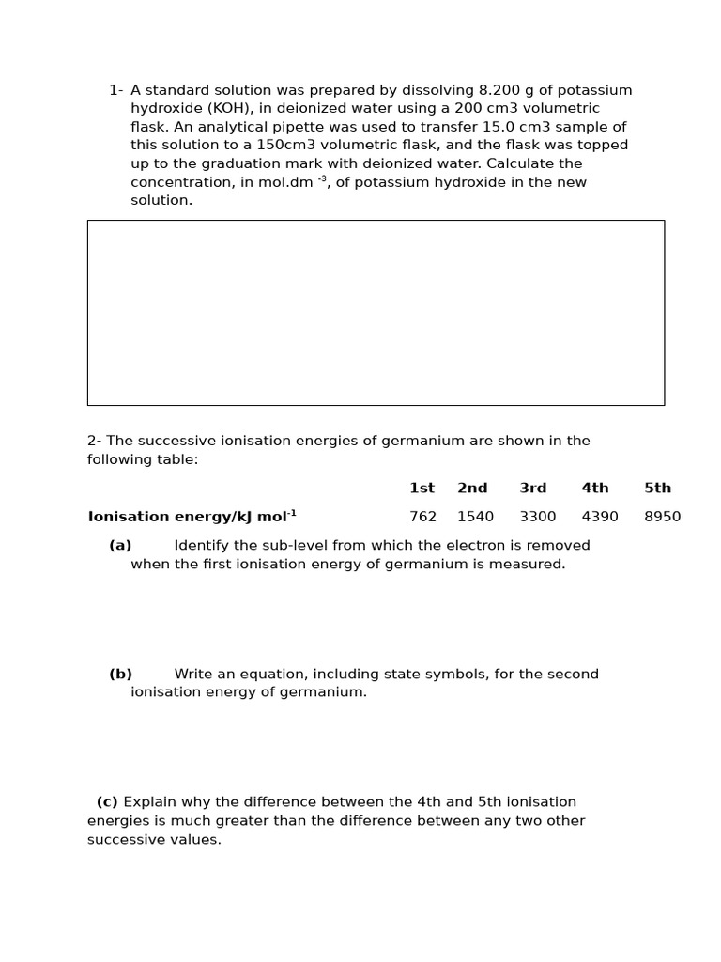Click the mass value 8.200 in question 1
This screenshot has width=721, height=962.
499,90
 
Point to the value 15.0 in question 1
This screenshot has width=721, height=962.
499,127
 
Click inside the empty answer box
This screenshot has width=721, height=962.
376,313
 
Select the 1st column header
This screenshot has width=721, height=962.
422,489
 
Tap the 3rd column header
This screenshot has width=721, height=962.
533,489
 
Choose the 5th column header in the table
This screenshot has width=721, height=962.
657,489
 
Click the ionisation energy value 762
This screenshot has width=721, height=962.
422,517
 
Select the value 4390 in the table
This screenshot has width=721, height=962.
600,517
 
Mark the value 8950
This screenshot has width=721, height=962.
662,517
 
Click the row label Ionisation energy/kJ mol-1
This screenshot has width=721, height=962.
192,517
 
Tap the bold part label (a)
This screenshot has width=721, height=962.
120,546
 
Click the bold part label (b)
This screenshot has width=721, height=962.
120,675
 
